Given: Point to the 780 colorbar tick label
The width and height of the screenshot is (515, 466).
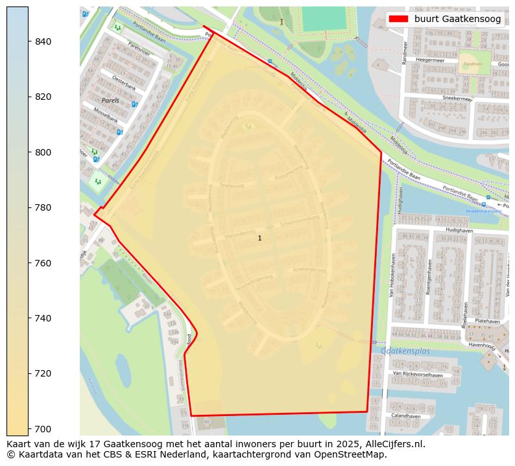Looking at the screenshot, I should coord(42,207).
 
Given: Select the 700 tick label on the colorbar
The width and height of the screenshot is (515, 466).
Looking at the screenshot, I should coord(42,428).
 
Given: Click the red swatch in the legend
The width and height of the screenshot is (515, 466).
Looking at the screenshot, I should coord(398,19).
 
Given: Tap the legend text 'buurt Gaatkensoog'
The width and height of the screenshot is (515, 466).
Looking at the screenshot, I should coord(457,19).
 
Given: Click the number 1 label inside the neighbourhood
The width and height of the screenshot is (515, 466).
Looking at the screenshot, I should coord(259,239).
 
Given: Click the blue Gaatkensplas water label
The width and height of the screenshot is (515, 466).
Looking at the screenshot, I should coord(405,351).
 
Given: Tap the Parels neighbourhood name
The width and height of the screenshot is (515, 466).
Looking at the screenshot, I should coord(110,100).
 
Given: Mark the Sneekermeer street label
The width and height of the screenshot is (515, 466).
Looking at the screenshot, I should coord(457,99).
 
